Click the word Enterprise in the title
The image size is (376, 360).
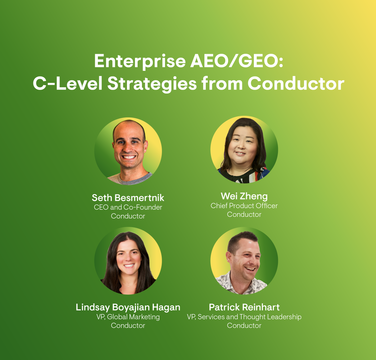coord(140,62)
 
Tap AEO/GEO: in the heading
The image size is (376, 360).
coord(237,61)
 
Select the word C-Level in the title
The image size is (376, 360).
coord(68,84)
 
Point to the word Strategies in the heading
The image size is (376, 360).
coord(152,84)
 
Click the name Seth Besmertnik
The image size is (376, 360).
coord(128,198)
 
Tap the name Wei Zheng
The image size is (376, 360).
coord(244,196)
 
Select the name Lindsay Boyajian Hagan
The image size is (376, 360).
coord(128,307)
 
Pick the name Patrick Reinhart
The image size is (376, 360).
coord(244,307)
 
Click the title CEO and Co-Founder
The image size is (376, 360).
coord(128,207)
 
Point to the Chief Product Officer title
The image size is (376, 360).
coord(244,206)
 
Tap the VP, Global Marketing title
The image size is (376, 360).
coord(128,317)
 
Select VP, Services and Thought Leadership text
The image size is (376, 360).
coord(244,317)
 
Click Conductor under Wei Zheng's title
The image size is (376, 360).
coord(244,214)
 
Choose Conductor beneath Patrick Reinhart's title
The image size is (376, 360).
coord(244,325)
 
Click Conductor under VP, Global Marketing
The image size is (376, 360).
coord(128,325)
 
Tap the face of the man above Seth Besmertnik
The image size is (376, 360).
coord(130,148)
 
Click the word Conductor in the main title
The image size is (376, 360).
coord(296,84)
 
